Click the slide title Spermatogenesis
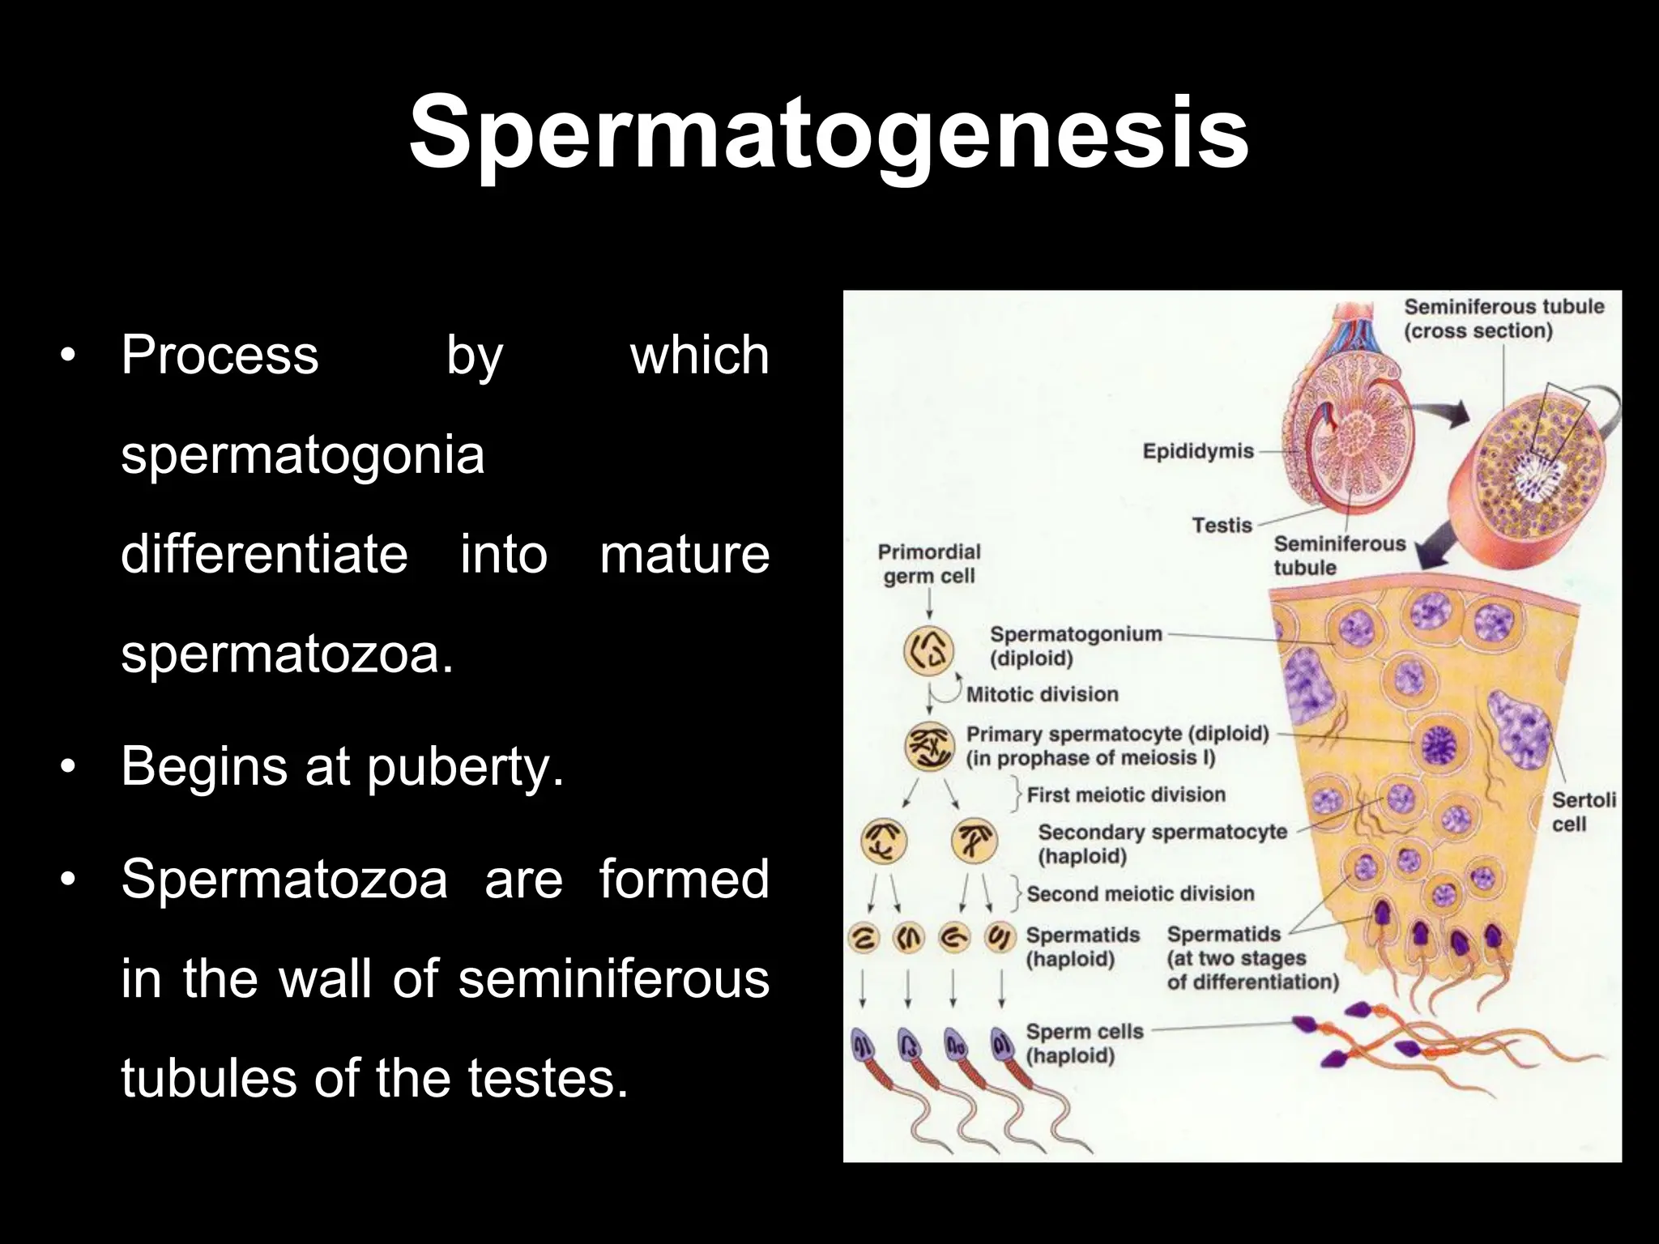[829, 134]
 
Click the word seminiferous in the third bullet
[613, 978]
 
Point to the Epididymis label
[1197, 451]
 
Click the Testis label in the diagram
[1222, 526]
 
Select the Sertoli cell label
[1583, 812]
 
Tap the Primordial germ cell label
[929, 564]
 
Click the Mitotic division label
[1042, 694]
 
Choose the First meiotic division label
[1125, 795]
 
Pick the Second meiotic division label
[1140, 893]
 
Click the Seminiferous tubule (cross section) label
[1503, 318]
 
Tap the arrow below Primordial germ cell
[929, 604]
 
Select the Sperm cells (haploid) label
[1084, 1043]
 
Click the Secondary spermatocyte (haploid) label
[1162, 844]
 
